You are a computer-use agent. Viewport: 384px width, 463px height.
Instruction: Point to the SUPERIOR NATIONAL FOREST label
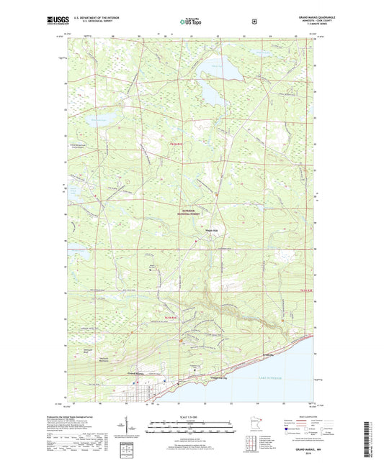(194, 211)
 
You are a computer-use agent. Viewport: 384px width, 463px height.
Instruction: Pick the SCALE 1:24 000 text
(191, 418)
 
